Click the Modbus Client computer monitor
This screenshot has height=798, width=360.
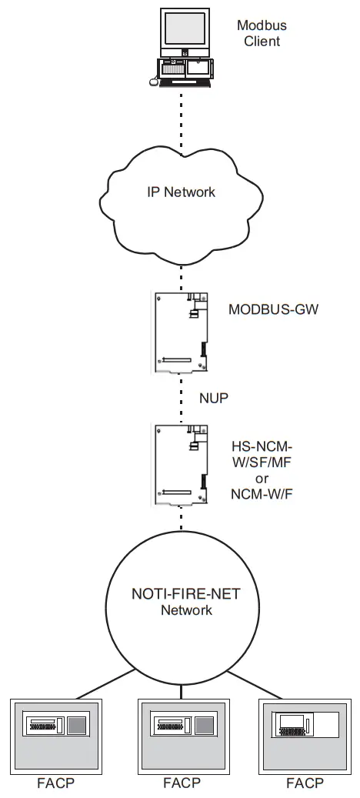pos(184,30)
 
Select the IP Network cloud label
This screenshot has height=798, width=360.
pos(182,192)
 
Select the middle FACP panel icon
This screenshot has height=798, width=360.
pos(182,736)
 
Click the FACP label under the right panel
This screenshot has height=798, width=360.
pos(305,783)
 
